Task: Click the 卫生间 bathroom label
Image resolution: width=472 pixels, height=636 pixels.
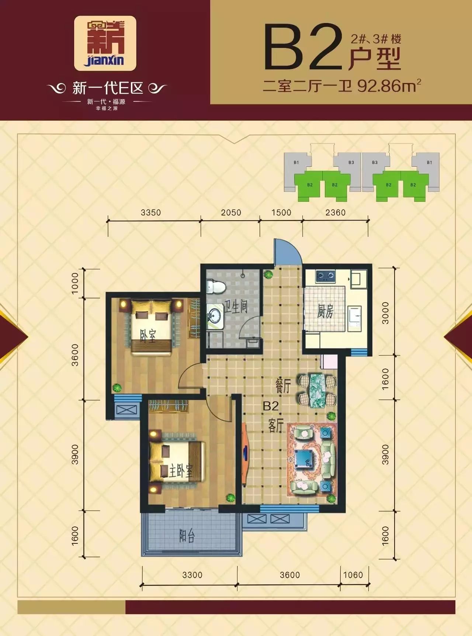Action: click(236, 306)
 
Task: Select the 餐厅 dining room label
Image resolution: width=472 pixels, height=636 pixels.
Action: click(283, 386)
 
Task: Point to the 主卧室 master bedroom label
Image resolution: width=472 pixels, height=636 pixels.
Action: click(181, 471)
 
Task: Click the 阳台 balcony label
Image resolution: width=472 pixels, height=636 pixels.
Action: click(187, 535)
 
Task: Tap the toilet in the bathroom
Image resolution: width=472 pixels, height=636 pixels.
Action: click(216, 287)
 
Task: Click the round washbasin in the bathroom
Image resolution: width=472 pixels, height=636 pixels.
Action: click(214, 314)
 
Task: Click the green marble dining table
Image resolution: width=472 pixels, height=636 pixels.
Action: click(317, 390)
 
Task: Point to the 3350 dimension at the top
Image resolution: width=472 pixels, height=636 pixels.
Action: click(151, 212)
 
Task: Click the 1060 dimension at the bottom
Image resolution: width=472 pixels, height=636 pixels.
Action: click(353, 575)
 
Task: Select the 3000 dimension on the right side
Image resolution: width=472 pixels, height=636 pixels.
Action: click(385, 313)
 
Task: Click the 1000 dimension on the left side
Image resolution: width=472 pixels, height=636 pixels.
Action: click(75, 283)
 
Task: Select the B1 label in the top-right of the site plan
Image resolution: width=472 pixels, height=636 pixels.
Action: click(430, 162)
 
